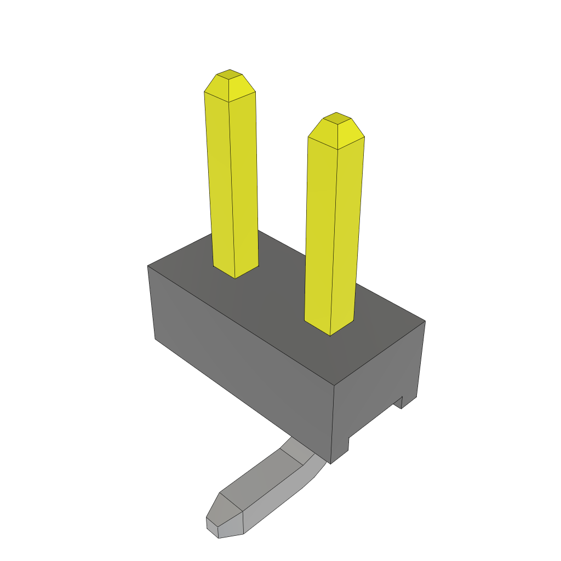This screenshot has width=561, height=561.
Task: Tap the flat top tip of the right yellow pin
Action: [336, 117]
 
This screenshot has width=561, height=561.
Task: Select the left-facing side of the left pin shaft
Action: [219, 181]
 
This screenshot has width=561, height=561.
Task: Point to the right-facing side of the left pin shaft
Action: [244, 181]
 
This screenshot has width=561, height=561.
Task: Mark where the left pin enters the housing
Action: [236, 271]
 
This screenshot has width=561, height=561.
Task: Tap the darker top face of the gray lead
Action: [257, 482]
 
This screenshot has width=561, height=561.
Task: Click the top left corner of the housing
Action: [148, 266]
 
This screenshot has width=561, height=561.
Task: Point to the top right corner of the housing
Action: [425, 322]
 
